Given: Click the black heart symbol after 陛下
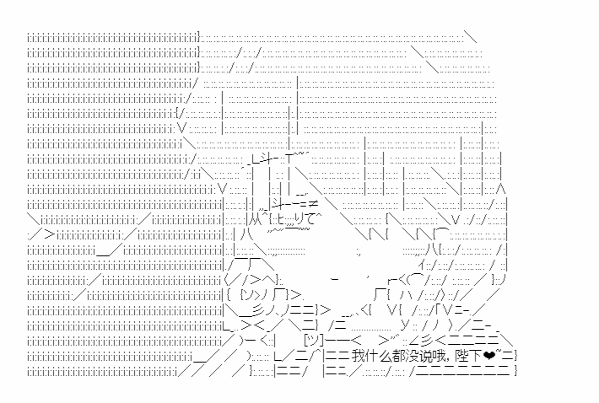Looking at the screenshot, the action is coord(489,356).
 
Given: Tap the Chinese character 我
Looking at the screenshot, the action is coord(358,356).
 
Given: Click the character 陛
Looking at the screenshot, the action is coord(462,356).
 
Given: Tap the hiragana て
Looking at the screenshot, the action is coord(315,219).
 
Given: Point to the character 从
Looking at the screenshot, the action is coord(254,220).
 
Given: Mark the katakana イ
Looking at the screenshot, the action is coord(422,264).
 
